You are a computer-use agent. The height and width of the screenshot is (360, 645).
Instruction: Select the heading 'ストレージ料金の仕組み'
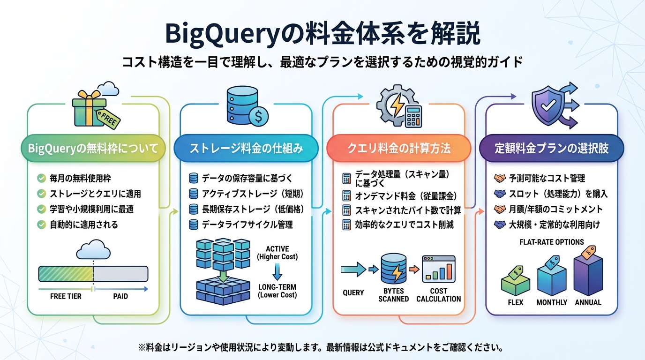[246, 149]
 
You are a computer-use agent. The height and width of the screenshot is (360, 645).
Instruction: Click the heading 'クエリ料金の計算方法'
[399, 149]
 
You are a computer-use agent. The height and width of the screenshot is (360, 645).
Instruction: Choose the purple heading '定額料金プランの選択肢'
[551, 149]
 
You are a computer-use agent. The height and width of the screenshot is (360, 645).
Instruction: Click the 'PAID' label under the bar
[120, 297]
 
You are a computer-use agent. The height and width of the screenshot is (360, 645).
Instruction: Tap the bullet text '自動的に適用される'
[84, 225]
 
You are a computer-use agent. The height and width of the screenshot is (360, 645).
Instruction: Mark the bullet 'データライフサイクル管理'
[247, 225]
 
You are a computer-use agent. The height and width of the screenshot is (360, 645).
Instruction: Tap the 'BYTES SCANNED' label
[394, 295]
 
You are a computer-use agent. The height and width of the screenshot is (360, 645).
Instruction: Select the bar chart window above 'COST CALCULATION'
[438, 269]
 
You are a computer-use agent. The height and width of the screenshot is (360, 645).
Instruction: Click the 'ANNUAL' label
[588, 302]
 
